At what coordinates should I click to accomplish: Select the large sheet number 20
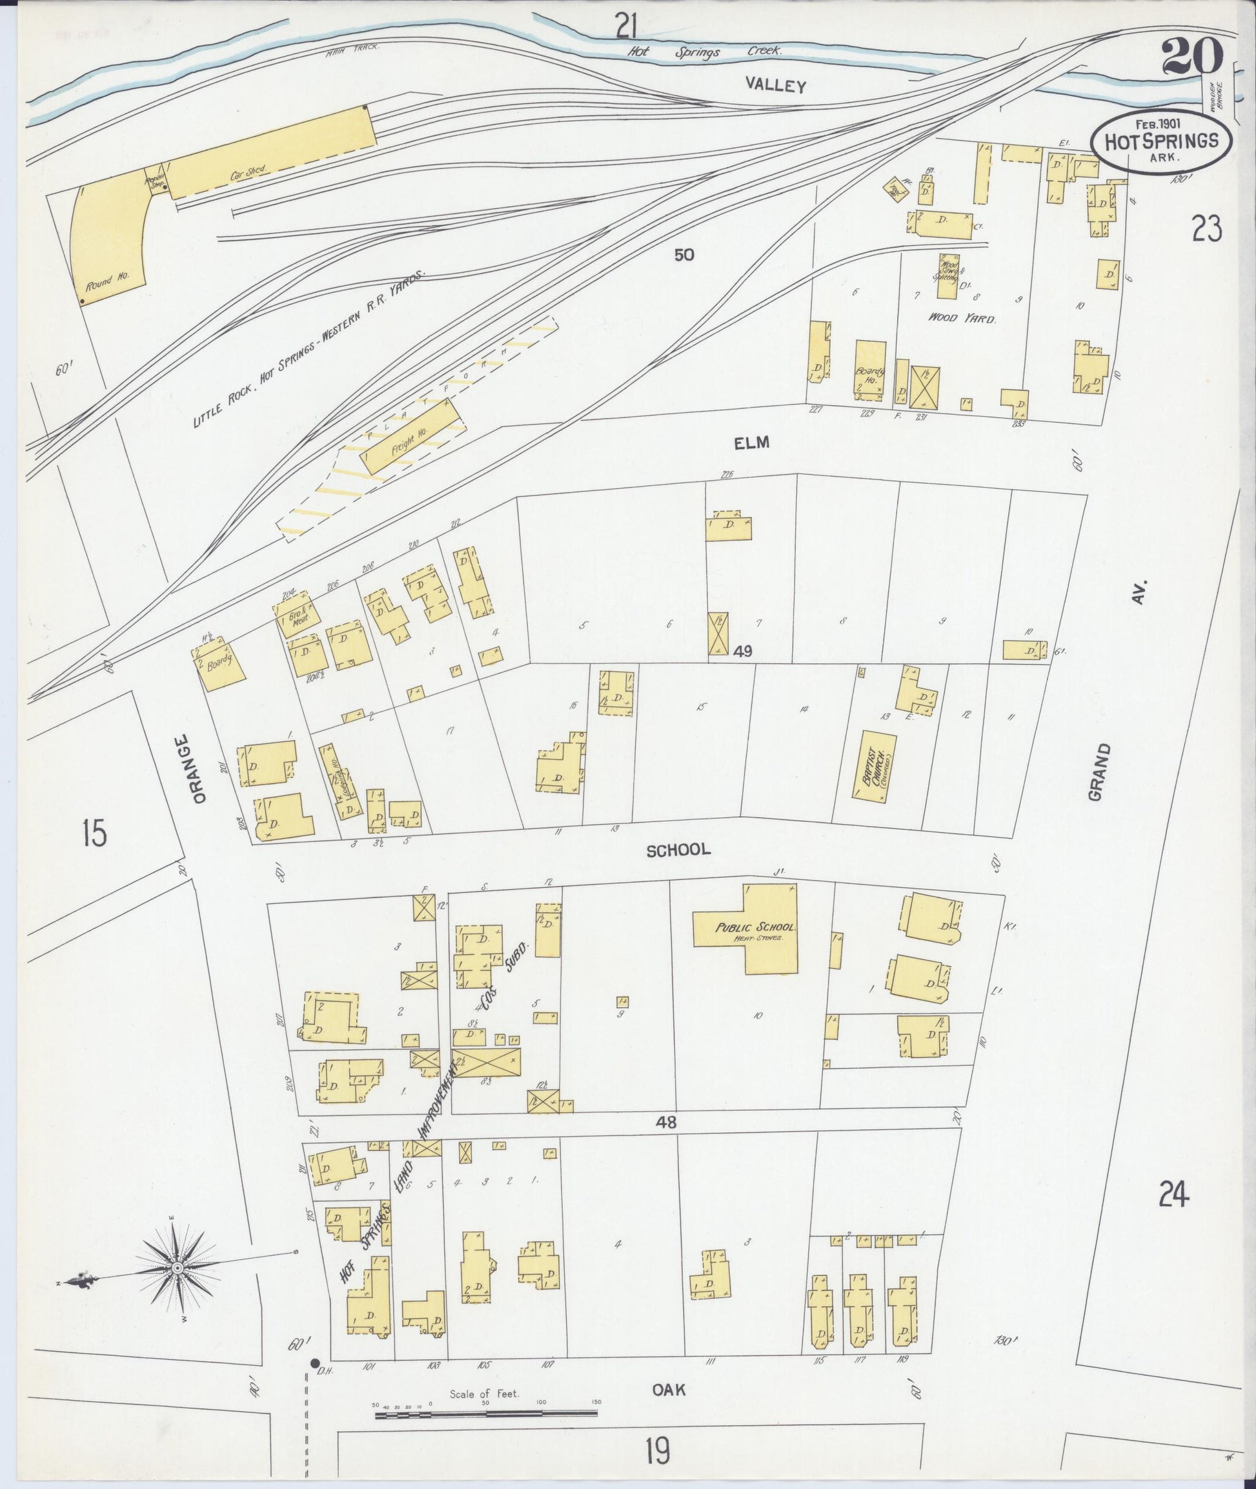coord(1192,57)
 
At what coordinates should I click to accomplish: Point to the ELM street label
coord(752,443)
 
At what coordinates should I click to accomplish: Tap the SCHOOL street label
coord(678,849)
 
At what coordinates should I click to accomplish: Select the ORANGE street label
coord(199,769)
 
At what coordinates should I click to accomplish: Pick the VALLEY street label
coord(775,85)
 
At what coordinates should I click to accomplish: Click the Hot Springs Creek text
coord(704,51)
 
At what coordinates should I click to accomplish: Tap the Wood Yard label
coord(961,318)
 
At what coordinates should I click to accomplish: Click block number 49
coord(743,650)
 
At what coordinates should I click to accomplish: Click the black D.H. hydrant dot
coord(314,1363)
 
